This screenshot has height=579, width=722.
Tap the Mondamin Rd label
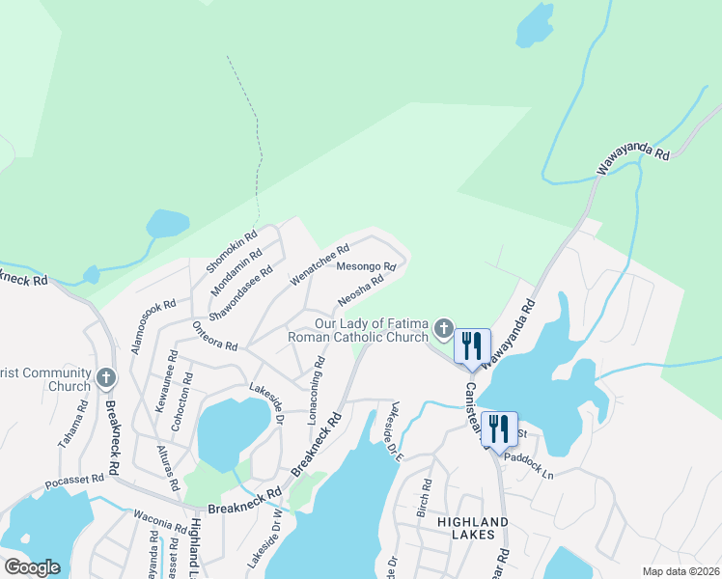[x=234, y=267]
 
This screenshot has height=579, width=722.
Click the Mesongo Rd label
[x=366, y=266]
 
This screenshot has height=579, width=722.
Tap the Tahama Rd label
[x=72, y=425]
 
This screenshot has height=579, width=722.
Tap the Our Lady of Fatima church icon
[x=443, y=329]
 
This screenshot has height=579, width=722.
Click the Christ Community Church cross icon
[x=107, y=378]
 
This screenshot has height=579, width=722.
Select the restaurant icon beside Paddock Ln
[x=499, y=427]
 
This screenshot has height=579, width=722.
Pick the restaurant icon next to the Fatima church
[x=472, y=345]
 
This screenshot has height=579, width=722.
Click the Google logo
[x=32, y=567]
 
